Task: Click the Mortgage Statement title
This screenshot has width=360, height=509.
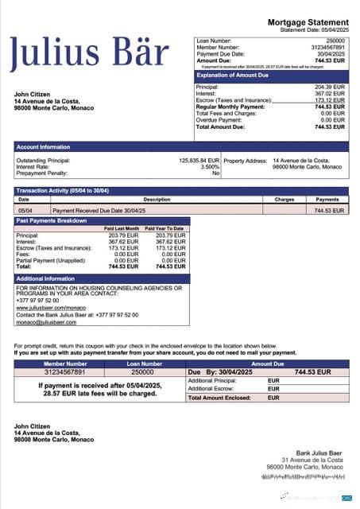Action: pos(308,22)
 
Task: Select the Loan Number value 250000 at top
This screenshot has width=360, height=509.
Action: pos(335,40)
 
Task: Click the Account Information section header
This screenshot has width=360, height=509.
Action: pos(44,146)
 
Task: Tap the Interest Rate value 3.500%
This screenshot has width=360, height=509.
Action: pos(210,167)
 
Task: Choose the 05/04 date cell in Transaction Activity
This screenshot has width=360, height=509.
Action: pos(25,211)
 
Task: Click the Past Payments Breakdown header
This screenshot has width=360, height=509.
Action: pos(52,220)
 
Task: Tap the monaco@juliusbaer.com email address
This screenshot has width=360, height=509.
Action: pos(47,322)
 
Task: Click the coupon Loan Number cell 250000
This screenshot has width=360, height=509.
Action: pos(142,371)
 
